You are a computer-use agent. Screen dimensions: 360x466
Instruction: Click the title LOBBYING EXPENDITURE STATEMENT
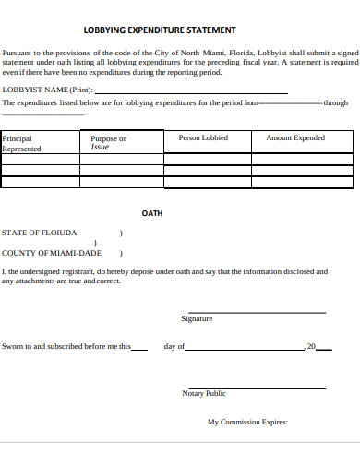(x=160, y=30)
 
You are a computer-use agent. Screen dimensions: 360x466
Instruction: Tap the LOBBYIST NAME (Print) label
(x=47, y=90)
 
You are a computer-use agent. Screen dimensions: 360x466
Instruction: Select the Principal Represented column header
(x=22, y=143)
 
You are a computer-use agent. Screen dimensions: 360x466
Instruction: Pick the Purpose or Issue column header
(x=108, y=142)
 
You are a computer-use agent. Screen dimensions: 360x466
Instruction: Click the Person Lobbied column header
(x=203, y=137)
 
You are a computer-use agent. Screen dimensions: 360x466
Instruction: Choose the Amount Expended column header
(x=295, y=137)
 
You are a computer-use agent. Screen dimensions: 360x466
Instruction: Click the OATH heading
(x=152, y=213)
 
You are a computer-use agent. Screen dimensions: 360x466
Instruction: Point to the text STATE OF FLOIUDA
(x=40, y=233)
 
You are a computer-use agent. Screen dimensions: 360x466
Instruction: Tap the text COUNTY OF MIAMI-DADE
(x=52, y=252)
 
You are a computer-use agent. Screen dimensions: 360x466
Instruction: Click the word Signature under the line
(x=197, y=318)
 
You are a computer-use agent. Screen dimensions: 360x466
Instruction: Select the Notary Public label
(x=204, y=393)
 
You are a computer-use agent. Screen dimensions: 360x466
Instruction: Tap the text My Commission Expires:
(x=247, y=423)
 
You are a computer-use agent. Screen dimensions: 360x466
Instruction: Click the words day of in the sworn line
(x=174, y=347)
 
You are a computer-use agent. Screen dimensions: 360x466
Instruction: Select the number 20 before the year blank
(x=311, y=347)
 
